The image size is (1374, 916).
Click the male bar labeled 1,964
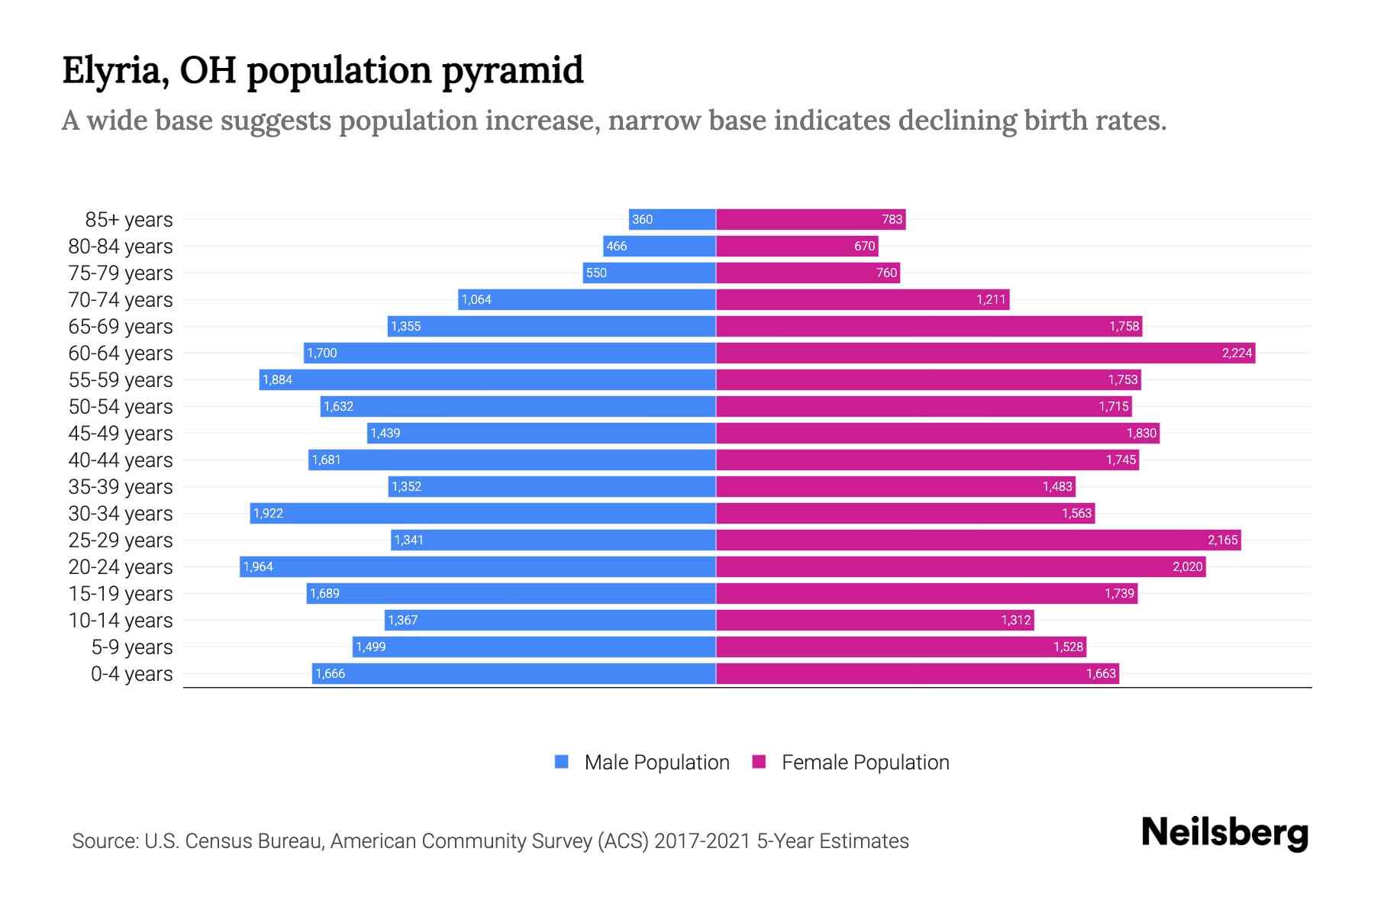[478, 566]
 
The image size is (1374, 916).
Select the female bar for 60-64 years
[985, 353]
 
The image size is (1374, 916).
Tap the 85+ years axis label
[128, 220]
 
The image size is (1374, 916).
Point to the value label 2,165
[1222, 540]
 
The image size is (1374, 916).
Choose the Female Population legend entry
[851, 762]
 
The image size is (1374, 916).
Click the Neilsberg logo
[1224, 833]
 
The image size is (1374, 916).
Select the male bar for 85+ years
[672, 219]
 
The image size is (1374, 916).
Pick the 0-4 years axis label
[131, 674]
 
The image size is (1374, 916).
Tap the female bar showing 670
[797, 246]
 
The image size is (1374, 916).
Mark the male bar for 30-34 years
[482, 513]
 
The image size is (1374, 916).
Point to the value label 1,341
[408, 540]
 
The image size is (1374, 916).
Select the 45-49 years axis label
[121, 434]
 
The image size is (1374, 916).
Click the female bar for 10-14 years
[875, 620]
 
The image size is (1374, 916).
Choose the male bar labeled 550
[649, 273]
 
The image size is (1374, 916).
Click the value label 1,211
[991, 299]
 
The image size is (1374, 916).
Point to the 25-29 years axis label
[121, 540]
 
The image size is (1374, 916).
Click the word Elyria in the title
[114, 71]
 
